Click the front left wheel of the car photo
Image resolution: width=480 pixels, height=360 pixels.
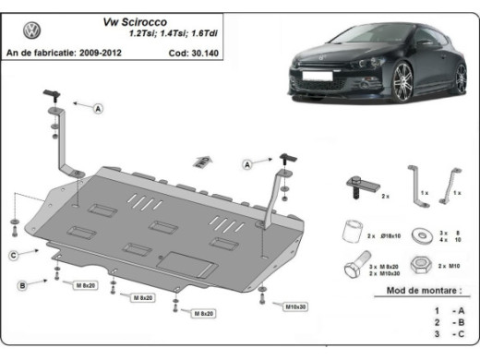click(x=404, y=85)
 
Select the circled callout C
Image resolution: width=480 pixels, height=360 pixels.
click(x=14, y=254)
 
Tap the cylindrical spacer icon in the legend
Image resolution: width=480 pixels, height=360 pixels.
click(x=352, y=230)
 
